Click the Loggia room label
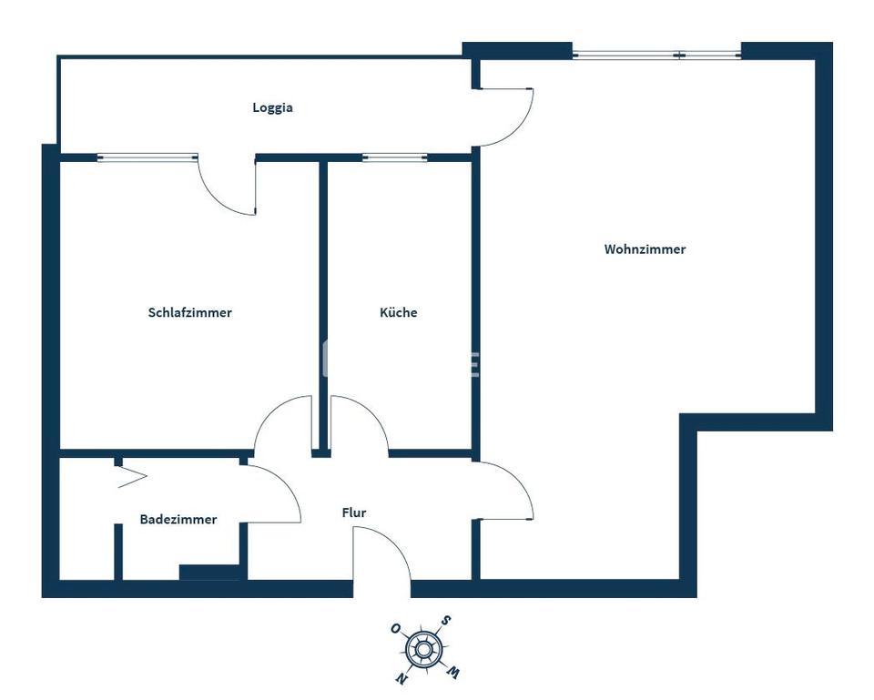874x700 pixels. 272,107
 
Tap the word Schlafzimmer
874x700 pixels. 189,312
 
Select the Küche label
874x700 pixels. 399,312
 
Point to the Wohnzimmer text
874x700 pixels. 645,249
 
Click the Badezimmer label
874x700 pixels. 178,520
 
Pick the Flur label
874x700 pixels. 354,513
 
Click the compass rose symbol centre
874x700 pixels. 422,649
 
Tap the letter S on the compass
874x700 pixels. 445,621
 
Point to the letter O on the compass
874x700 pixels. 395,628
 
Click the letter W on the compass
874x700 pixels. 452,673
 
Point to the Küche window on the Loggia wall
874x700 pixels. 394,157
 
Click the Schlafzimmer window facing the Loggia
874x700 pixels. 147,157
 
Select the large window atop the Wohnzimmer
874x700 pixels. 656,55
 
